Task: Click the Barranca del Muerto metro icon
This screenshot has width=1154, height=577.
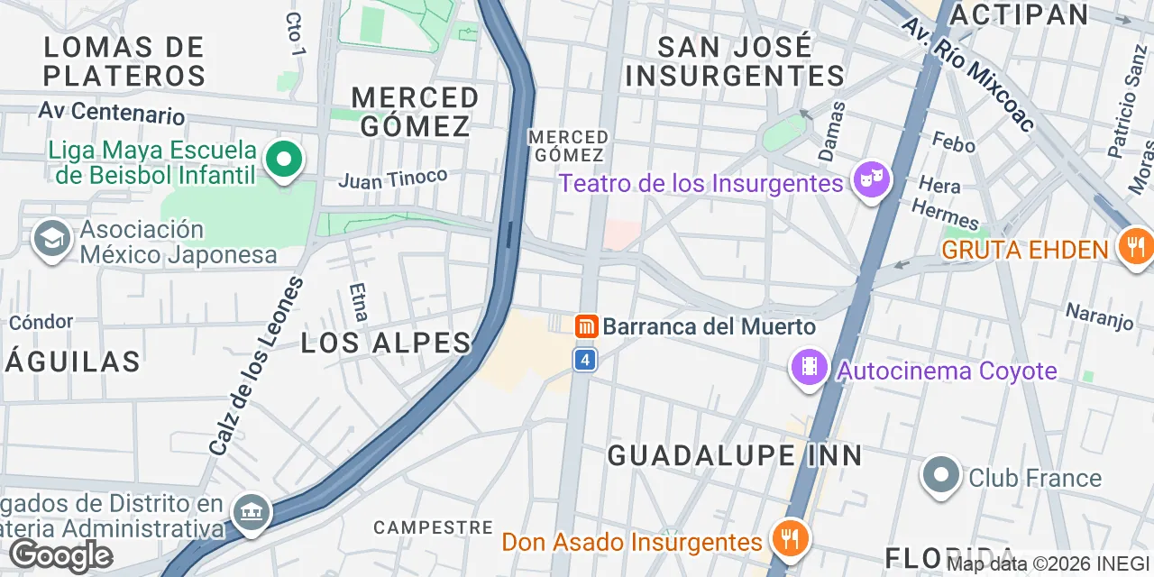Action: click(586, 326)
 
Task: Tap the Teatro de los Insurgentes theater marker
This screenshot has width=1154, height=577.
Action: click(871, 180)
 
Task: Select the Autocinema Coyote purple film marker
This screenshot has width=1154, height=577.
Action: click(810, 368)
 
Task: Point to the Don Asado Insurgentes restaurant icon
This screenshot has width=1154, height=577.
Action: click(790, 540)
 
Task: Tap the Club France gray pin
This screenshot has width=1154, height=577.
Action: click(941, 475)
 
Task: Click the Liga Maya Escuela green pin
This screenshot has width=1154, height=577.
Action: click(284, 160)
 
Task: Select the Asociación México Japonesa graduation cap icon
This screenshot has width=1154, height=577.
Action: click(51, 240)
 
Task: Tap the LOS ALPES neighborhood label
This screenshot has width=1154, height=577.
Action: click(386, 343)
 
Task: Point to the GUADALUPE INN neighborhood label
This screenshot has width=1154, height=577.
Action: click(735, 455)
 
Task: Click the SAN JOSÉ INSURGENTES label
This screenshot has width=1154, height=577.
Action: click(735, 61)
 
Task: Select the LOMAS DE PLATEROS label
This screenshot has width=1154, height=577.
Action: click(124, 60)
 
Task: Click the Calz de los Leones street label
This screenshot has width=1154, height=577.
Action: click(257, 366)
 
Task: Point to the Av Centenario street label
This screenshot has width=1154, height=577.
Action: click(112, 113)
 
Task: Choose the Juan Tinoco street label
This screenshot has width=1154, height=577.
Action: click(393, 179)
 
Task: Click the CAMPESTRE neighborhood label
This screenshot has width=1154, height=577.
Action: click(433, 527)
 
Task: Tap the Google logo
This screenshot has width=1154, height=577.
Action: click(60, 556)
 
